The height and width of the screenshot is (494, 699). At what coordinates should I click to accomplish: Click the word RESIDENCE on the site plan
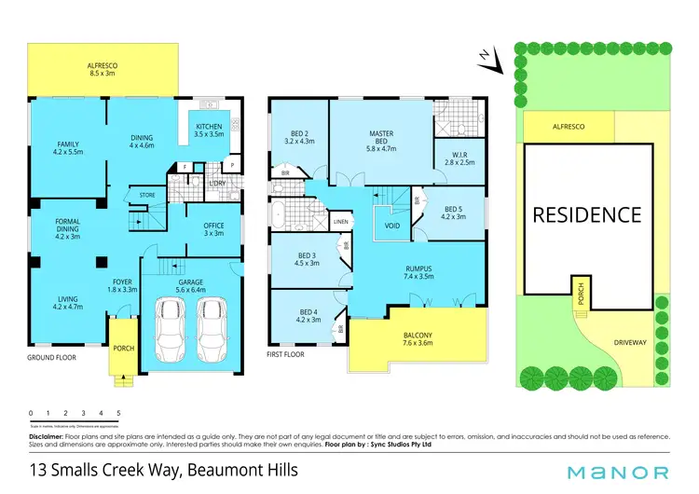(x=586, y=215)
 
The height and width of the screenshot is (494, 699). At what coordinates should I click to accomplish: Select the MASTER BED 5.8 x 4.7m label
(x=380, y=142)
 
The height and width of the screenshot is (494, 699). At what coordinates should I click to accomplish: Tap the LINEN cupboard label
(x=341, y=222)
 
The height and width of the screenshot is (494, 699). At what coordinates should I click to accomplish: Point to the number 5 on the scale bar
(x=118, y=413)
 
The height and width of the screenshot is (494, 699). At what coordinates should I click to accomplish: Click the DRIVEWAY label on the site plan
(x=630, y=342)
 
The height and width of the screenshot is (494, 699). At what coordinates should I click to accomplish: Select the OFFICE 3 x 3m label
(x=213, y=229)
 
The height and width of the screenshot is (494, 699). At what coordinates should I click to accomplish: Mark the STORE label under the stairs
(x=147, y=195)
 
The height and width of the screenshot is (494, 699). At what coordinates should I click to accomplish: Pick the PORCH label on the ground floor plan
(x=123, y=349)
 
